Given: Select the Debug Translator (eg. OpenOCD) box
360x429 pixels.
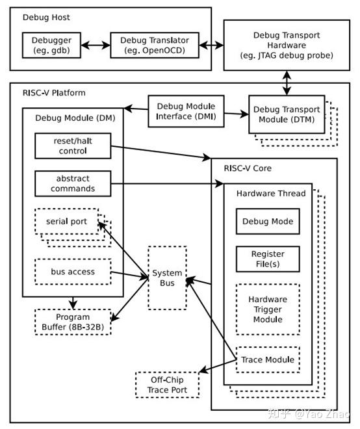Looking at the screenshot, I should click(x=154, y=44).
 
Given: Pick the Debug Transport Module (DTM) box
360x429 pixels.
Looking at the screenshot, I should click(x=286, y=115).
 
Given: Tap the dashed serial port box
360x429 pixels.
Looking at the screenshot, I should click(x=66, y=222).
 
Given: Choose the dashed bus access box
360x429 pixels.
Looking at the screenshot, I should click(x=71, y=272).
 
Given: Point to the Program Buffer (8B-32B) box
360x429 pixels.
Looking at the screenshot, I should click(x=73, y=322).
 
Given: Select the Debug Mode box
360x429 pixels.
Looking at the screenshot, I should click(x=267, y=221).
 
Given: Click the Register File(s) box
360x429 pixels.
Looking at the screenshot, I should click(x=267, y=259).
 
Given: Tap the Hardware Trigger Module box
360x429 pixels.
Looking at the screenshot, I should click(x=267, y=309).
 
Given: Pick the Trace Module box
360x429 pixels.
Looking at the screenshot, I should click(x=267, y=359).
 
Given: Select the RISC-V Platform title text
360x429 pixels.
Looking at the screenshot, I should click(x=52, y=92).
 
